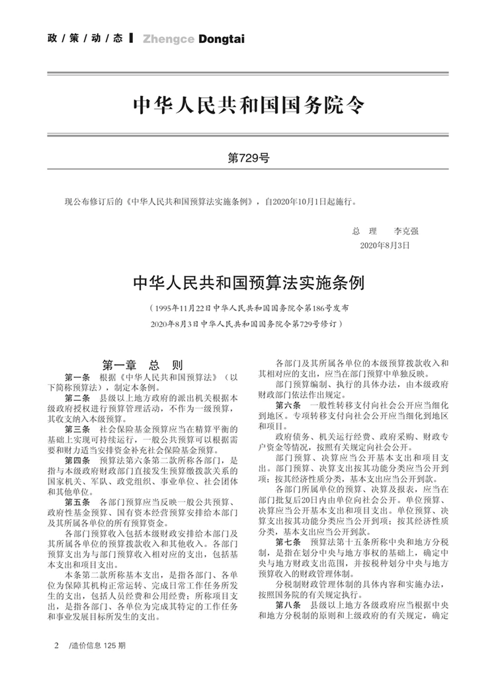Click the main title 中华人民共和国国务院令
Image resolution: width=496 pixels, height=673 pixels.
click(x=248, y=106)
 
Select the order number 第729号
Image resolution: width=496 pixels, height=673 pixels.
click(x=248, y=159)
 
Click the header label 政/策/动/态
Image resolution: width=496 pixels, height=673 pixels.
click(x=85, y=39)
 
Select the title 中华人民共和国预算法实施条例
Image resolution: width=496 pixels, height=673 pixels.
click(x=248, y=283)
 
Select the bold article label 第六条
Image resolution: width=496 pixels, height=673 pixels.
click(x=288, y=405)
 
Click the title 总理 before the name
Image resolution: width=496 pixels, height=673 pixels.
click(x=365, y=232)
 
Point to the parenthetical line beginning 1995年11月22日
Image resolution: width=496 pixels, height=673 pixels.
click(x=248, y=308)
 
